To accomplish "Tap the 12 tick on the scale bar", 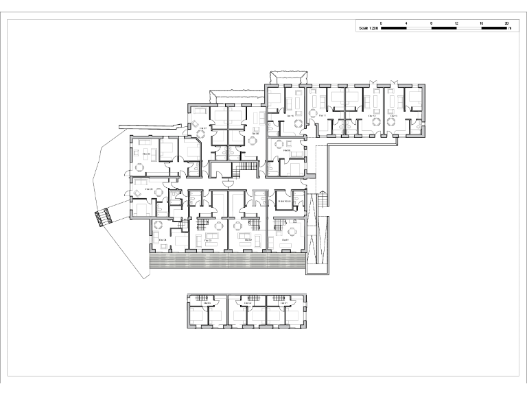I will tap(456, 23).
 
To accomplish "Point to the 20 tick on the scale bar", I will tap(506, 23).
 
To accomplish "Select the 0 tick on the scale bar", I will tap(382, 23).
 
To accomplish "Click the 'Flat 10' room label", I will tap(289, 116).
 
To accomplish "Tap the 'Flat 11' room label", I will tap(323, 116).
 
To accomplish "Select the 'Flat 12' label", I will tap(373, 116).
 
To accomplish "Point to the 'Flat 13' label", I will tap(393, 116).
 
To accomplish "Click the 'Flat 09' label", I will tap(277, 150).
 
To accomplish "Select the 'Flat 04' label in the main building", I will tap(163, 239).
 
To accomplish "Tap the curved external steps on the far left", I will tap(103, 217).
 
